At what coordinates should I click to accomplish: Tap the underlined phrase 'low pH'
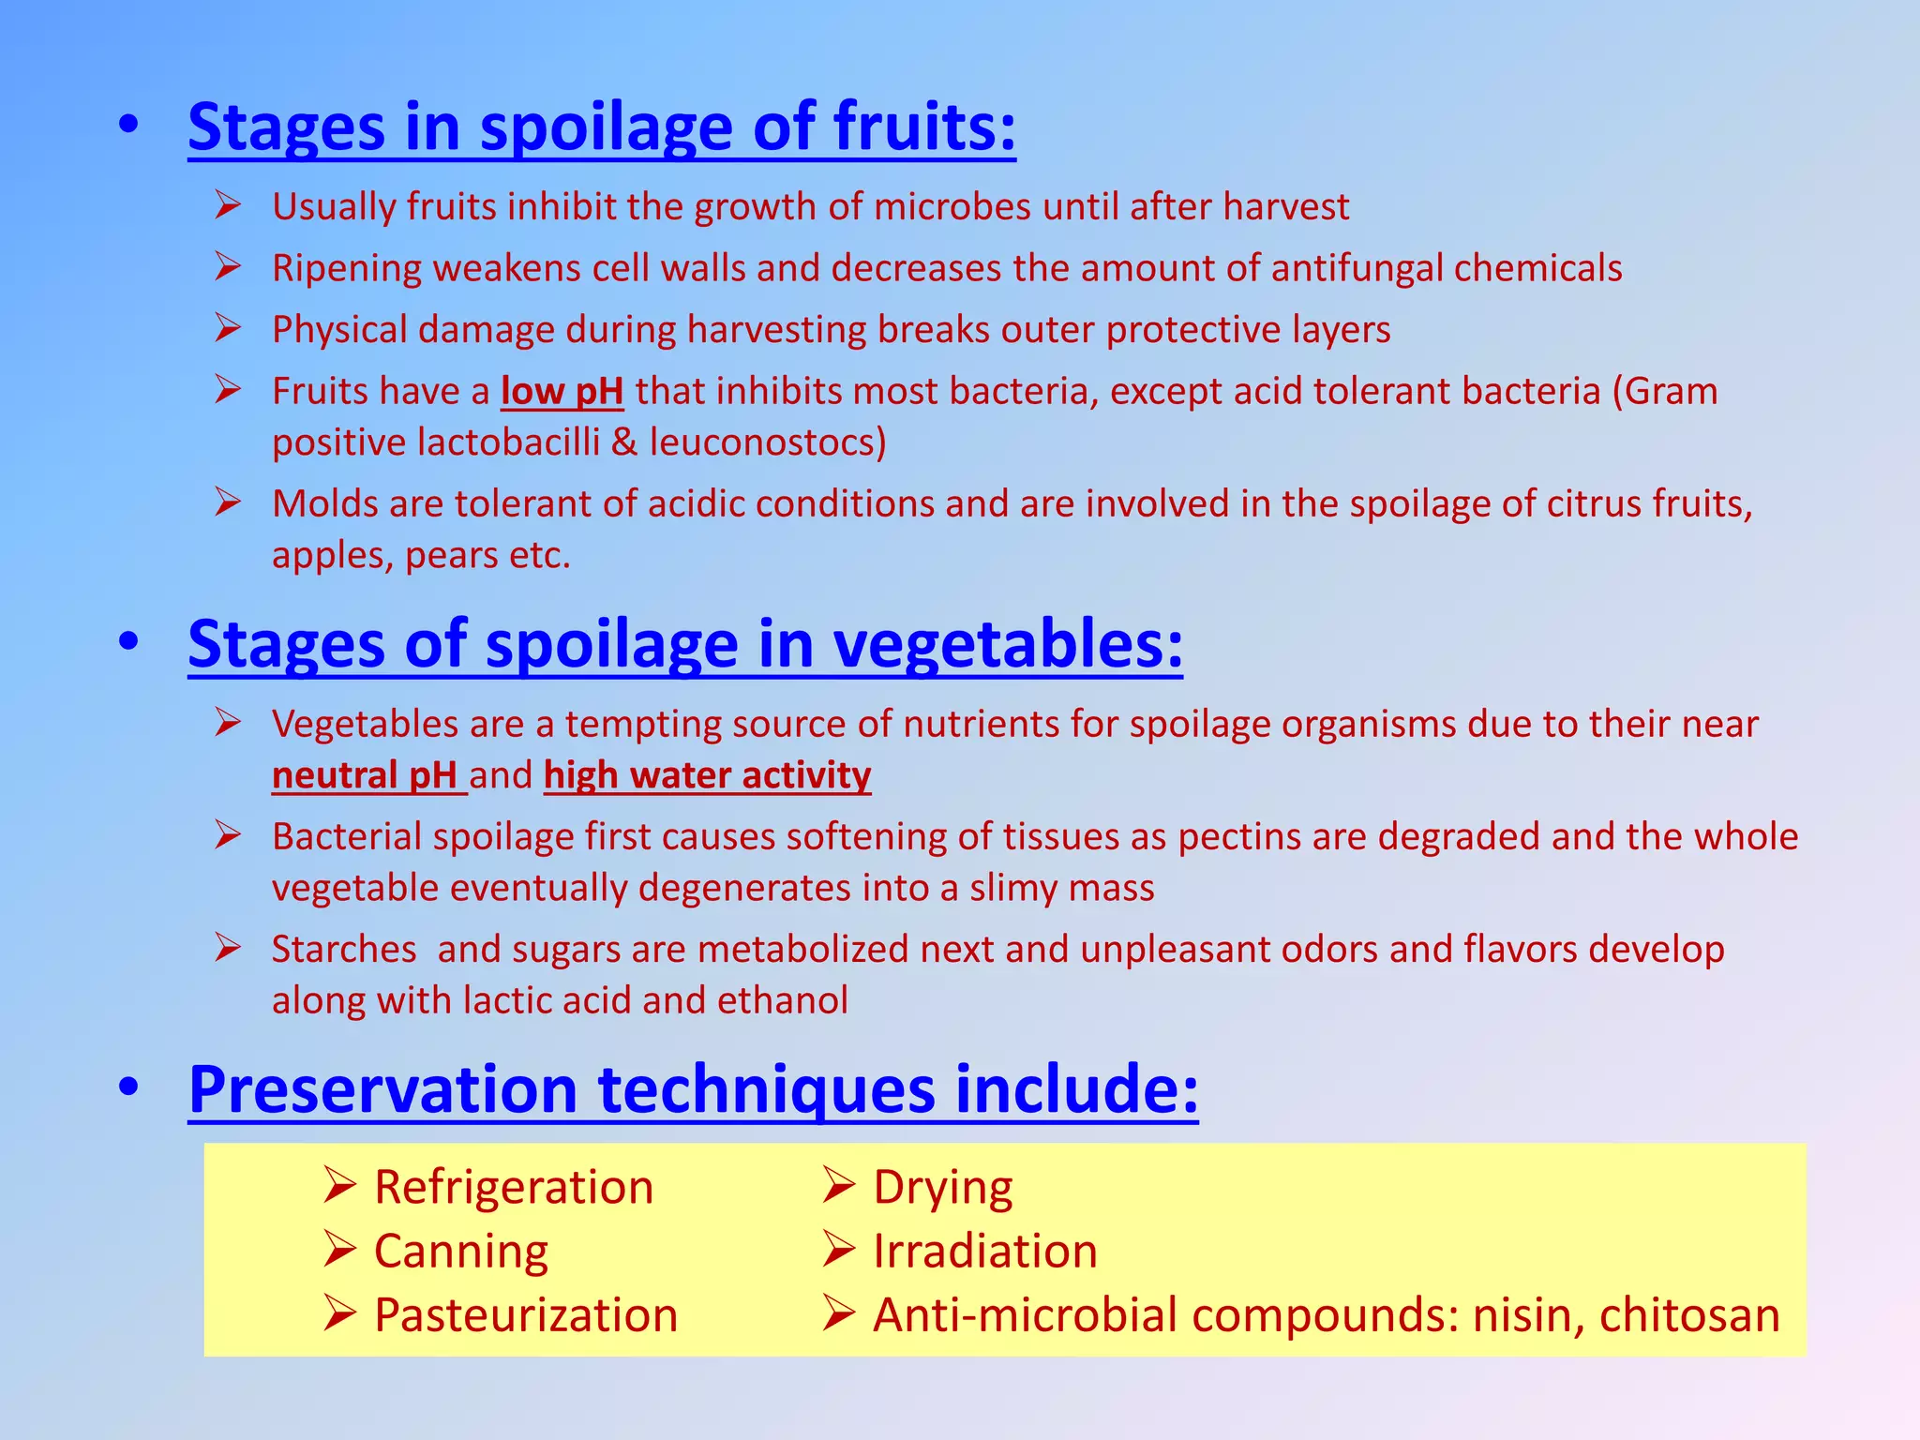[562, 392]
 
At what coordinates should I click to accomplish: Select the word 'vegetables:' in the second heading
[1007, 644]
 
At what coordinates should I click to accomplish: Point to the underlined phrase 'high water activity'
[707, 776]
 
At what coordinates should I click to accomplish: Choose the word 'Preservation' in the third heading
[382, 1089]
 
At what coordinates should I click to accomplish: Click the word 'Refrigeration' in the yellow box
[513, 1188]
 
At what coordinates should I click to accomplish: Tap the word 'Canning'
[460, 1252]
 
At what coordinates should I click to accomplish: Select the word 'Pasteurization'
[525, 1315]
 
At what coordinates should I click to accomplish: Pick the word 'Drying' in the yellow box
[942, 1188]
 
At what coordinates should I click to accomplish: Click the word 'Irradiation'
[984, 1252]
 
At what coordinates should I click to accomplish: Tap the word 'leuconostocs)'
[767, 442]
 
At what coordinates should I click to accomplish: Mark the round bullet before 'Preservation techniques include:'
[128, 1087]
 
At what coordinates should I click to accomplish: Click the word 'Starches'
[344, 950]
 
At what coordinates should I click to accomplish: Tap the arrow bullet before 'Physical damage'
[228, 328]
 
